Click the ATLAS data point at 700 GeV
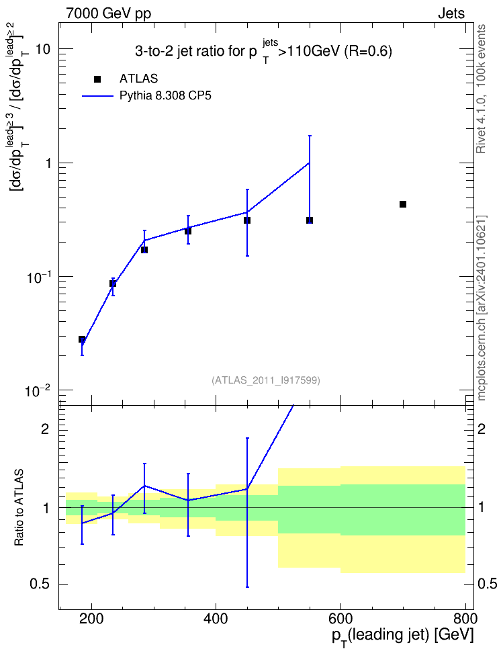click(x=403, y=204)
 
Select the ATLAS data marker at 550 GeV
click(x=310, y=220)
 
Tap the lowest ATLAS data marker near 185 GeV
click(x=82, y=339)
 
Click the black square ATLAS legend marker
click(x=97, y=79)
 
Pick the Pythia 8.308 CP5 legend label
click(x=165, y=96)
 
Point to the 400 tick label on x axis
click(x=216, y=619)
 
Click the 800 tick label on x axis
click(x=464, y=619)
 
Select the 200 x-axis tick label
click(x=91, y=619)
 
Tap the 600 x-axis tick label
click(x=340, y=619)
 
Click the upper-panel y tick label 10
click(x=43, y=49)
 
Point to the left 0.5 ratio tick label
click(x=40, y=584)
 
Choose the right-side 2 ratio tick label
click(x=482, y=429)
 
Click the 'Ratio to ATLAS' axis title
click(x=19, y=508)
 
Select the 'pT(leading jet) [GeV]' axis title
click(x=403, y=637)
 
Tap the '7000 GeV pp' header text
click(x=109, y=13)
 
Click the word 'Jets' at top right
click(x=451, y=13)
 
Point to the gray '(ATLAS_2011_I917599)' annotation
click(x=266, y=380)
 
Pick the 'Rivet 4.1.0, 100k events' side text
click(x=481, y=89)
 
